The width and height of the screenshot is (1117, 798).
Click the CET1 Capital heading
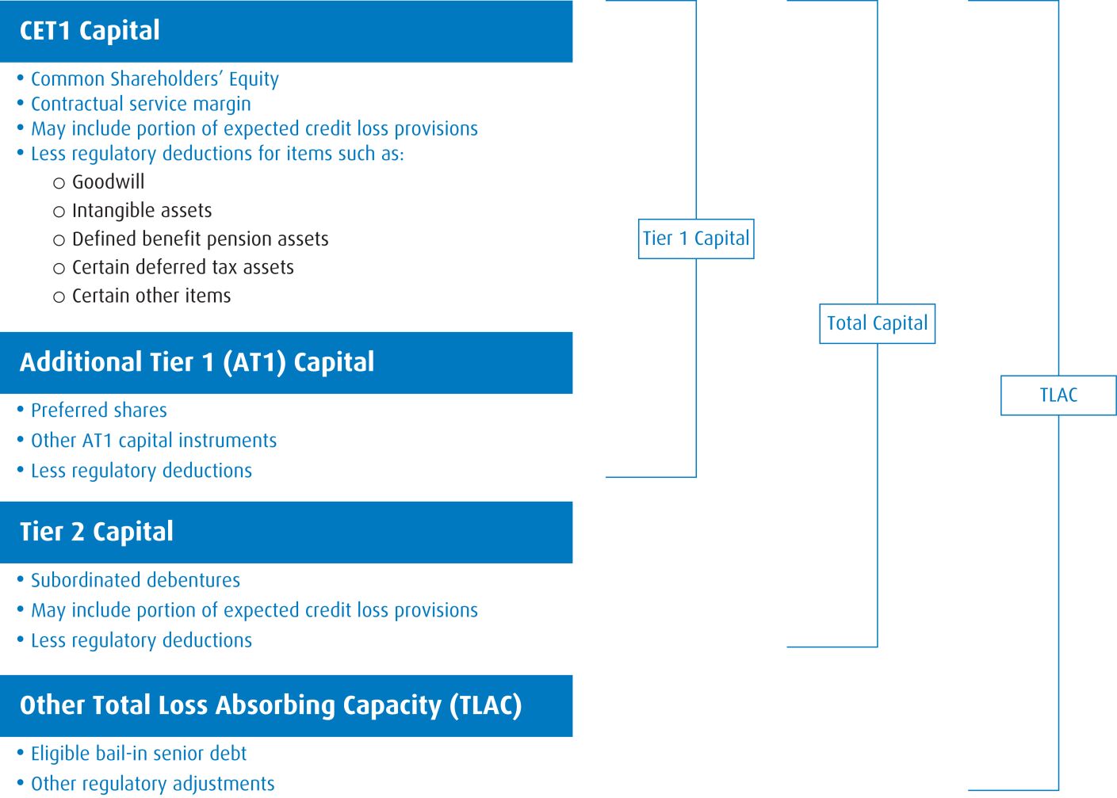click(x=90, y=31)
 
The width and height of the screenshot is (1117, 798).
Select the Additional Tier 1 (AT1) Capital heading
click(x=197, y=362)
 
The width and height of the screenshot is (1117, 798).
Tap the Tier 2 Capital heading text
click(x=96, y=532)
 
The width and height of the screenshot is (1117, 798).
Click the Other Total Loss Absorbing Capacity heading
click(x=270, y=705)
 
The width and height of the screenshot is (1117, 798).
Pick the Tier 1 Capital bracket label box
click(x=696, y=239)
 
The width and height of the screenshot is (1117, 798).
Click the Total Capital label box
click(x=877, y=323)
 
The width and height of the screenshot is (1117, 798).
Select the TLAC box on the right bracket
click(x=1058, y=395)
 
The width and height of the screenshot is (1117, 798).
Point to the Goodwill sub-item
click(x=108, y=182)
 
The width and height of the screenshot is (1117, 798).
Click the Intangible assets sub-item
click(x=142, y=211)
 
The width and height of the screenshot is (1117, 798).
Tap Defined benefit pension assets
click(x=200, y=239)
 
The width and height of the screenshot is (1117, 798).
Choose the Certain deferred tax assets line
click(x=182, y=268)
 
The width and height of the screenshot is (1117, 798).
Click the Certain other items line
click(x=151, y=296)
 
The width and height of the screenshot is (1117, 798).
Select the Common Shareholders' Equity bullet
click(x=155, y=79)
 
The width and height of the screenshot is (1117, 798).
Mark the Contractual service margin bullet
click(x=140, y=104)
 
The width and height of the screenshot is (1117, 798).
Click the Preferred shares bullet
click(x=98, y=410)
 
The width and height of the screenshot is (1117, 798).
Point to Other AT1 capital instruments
click(x=154, y=441)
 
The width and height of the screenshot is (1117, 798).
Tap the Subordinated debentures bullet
click(x=135, y=580)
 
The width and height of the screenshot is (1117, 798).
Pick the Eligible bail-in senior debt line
click(x=139, y=754)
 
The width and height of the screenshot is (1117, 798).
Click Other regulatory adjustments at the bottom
click(x=152, y=784)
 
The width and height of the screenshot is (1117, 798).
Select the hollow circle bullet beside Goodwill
click(x=59, y=184)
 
